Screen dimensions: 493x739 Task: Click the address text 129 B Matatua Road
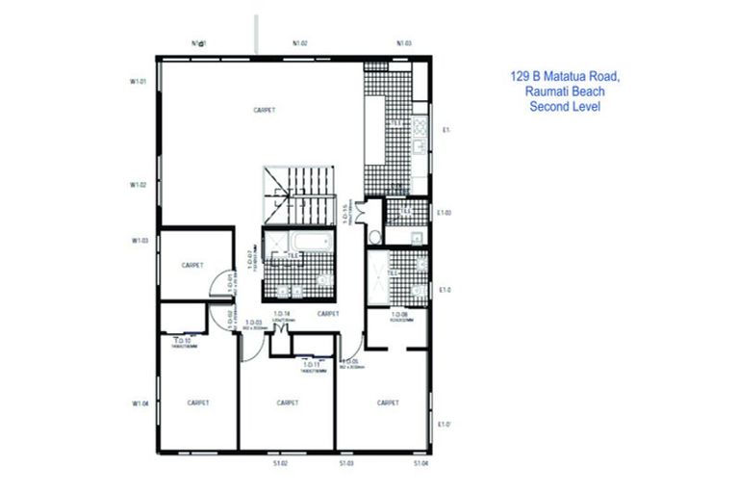565,74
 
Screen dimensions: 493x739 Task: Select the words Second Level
565,107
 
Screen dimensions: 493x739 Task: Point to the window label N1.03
404,43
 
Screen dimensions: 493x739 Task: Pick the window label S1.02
281,464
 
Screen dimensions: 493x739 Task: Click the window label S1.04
420,464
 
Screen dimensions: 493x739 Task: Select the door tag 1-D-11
311,365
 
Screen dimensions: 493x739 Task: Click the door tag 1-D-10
182,341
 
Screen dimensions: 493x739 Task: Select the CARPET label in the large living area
265,110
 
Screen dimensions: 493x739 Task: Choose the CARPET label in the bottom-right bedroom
388,402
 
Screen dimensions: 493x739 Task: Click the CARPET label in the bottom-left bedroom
198,402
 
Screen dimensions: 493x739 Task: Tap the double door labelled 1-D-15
361,215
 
